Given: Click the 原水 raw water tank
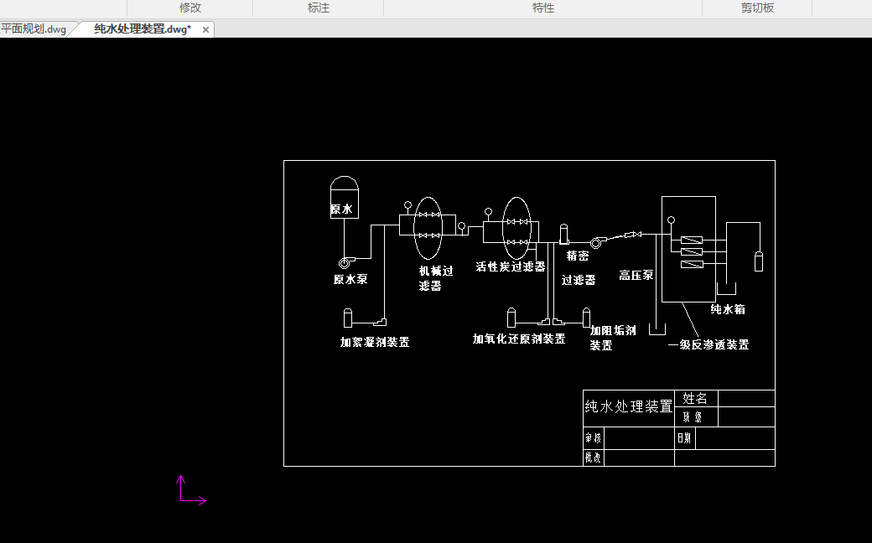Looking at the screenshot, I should (x=344, y=199).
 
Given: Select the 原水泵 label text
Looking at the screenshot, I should (x=350, y=280).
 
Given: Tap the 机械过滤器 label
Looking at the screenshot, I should (x=435, y=278).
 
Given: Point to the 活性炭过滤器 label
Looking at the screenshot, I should (x=511, y=266).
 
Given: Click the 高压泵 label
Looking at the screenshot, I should (x=636, y=275).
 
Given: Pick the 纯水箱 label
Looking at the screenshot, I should (x=728, y=309).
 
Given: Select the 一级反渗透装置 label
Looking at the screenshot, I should (x=708, y=344).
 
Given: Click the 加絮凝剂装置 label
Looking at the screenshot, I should (x=375, y=342).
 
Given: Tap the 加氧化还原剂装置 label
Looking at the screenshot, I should (x=519, y=339).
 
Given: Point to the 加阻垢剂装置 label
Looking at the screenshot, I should (x=612, y=338).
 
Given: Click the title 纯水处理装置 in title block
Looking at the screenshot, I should (x=628, y=406).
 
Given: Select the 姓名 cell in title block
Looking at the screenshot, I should (x=695, y=399).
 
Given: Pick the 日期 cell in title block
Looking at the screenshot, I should (x=684, y=437).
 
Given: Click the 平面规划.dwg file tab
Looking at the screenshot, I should (x=34, y=29).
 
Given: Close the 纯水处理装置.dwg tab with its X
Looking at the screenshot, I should (x=206, y=29).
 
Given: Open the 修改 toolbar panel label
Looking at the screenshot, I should (x=190, y=8).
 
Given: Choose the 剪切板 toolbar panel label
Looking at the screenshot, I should (x=757, y=8).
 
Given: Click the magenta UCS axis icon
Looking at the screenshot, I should (x=188, y=493).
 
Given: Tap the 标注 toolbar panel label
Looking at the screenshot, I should (x=319, y=8).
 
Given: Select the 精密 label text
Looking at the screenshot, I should (x=578, y=256).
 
